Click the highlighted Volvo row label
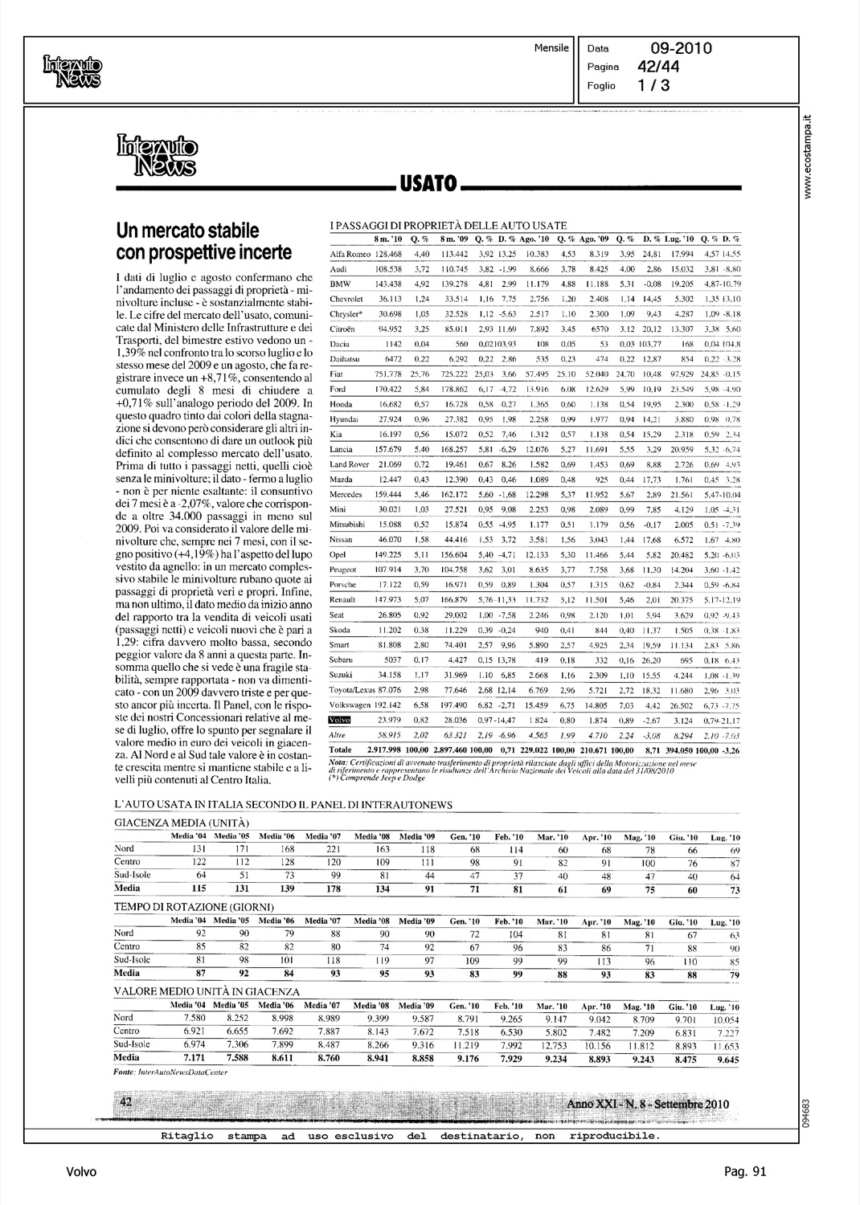click(342, 721)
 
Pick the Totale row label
click(341, 749)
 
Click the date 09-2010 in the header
click(681, 49)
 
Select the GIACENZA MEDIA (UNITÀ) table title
click(182, 823)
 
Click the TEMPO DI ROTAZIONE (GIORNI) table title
click(195, 907)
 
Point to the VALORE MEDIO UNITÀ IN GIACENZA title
click(207, 992)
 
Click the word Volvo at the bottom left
click(82, 1172)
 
